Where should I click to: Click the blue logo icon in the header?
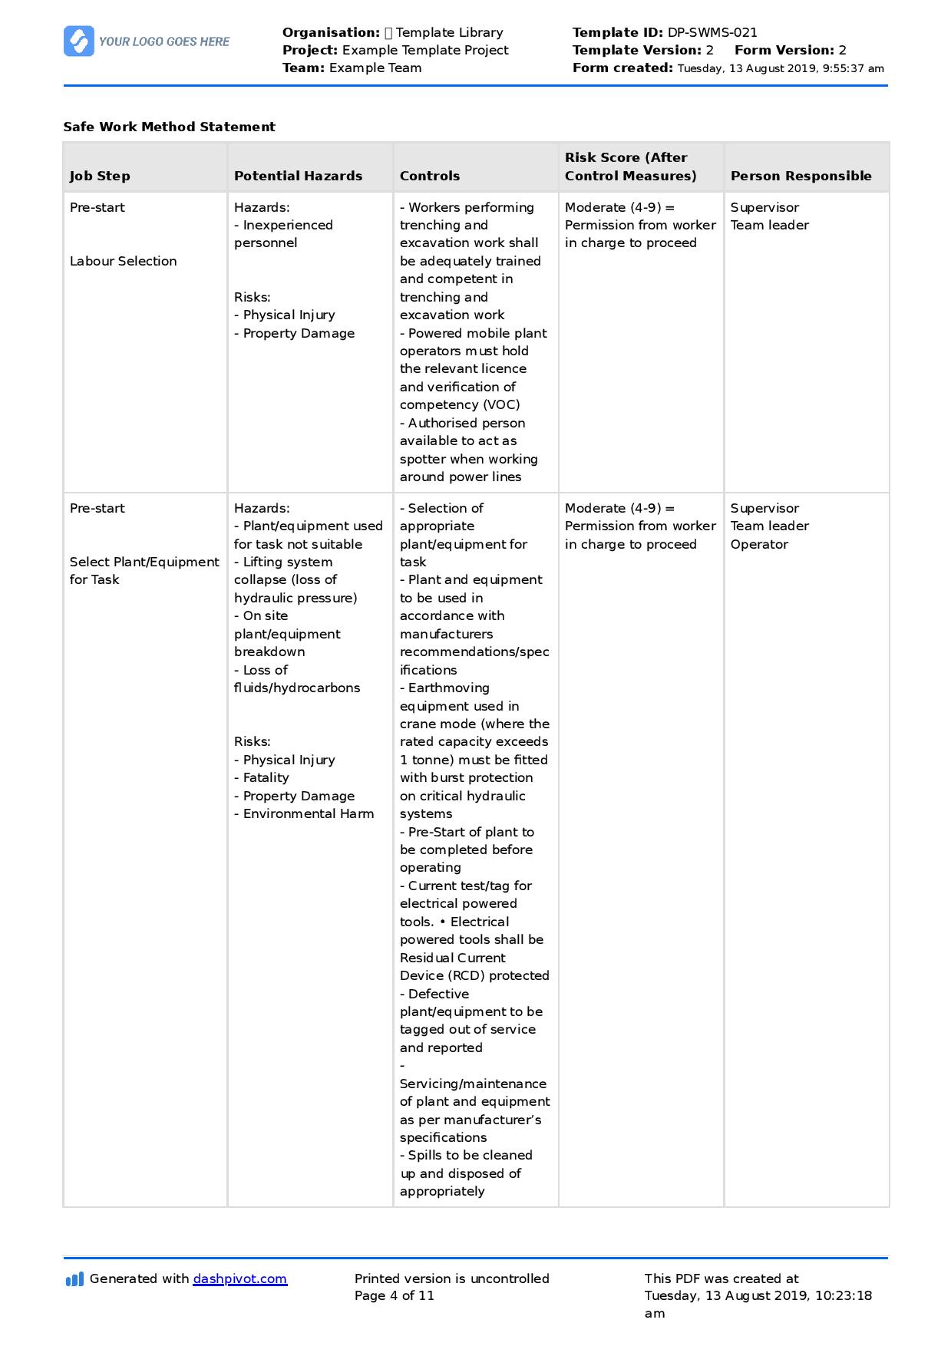point(78,41)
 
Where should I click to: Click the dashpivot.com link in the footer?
point(239,1279)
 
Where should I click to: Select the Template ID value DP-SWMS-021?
point(712,32)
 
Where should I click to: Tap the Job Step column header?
point(100,176)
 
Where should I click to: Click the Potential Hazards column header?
point(298,176)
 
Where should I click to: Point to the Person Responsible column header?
point(801,176)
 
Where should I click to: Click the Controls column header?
point(430,176)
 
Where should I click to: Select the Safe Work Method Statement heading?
point(169,127)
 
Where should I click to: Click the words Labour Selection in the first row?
point(123,261)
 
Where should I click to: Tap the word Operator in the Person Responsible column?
point(759,544)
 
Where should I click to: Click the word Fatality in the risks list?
point(266,777)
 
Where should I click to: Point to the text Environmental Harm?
point(309,813)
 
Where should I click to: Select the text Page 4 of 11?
point(394,1296)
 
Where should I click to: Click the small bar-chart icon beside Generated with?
point(74,1279)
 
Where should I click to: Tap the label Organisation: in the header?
point(331,32)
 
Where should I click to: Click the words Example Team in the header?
point(375,68)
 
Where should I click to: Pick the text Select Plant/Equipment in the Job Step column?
point(144,562)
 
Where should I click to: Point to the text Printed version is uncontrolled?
point(451,1278)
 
